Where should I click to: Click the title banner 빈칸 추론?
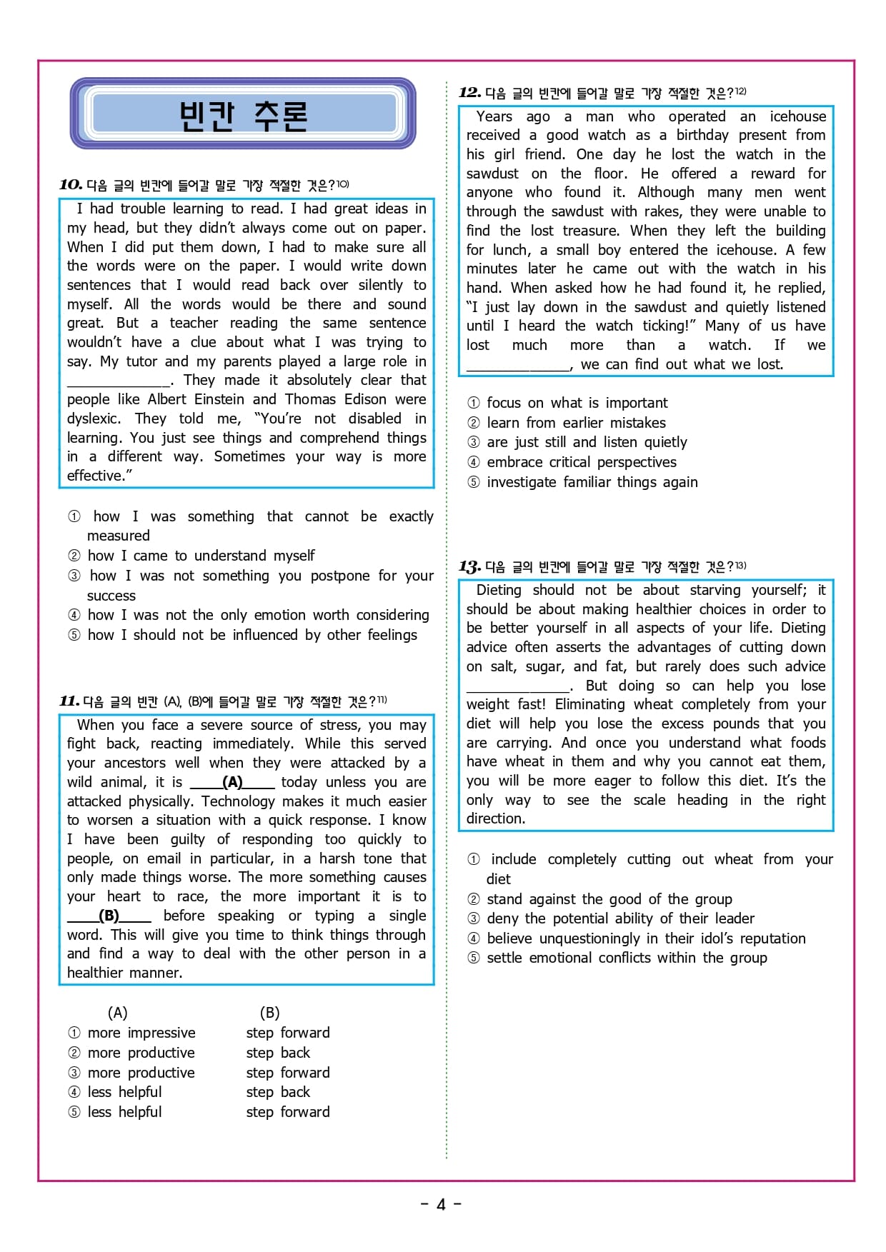tap(243, 114)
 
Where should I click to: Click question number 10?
tap(71, 185)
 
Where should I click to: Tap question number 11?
tap(69, 701)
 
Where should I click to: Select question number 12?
tap(469, 92)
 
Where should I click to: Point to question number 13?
tap(469, 567)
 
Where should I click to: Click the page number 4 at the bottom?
tap(441, 1205)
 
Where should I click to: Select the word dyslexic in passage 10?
tap(94, 419)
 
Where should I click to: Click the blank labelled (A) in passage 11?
tap(232, 782)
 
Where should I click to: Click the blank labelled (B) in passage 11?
tap(109, 916)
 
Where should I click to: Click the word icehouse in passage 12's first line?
tap(797, 116)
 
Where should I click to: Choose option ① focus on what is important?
tap(568, 403)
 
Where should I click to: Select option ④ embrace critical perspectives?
tap(572, 462)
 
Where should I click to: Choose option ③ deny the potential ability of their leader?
tap(611, 918)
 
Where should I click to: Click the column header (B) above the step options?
tap(269, 1013)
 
